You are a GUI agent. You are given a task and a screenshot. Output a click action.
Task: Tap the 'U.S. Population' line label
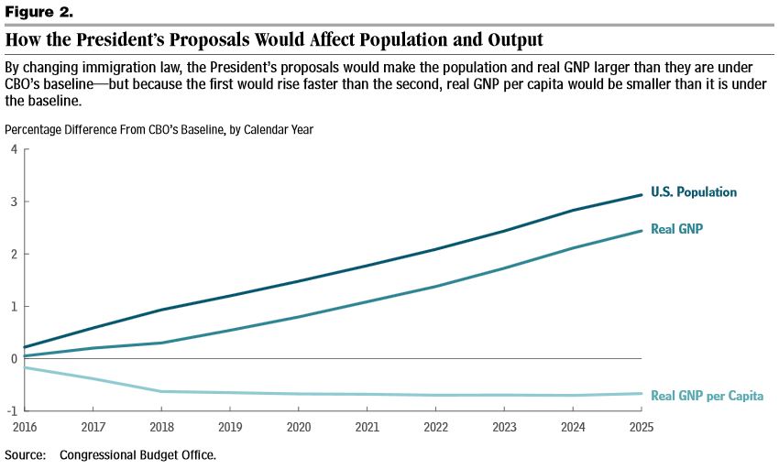click(x=694, y=192)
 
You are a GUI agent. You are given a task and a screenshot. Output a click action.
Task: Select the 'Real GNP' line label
click(x=676, y=228)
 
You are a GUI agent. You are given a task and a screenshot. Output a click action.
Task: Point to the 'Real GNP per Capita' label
click(x=707, y=396)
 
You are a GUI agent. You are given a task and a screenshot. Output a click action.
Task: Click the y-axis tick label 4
click(x=14, y=149)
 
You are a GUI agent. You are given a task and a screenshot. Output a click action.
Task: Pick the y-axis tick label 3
click(x=14, y=202)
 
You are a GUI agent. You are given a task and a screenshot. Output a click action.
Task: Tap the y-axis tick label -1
click(x=12, y=411)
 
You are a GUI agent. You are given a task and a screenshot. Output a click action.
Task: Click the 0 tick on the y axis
click(x=14, y=359)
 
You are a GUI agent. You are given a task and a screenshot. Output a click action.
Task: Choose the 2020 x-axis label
click(x=299, y=428)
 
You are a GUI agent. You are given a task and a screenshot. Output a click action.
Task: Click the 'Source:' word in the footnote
click(x=25, y=454)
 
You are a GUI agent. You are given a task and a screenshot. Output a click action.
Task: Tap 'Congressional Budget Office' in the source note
click(x=137, y=454)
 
